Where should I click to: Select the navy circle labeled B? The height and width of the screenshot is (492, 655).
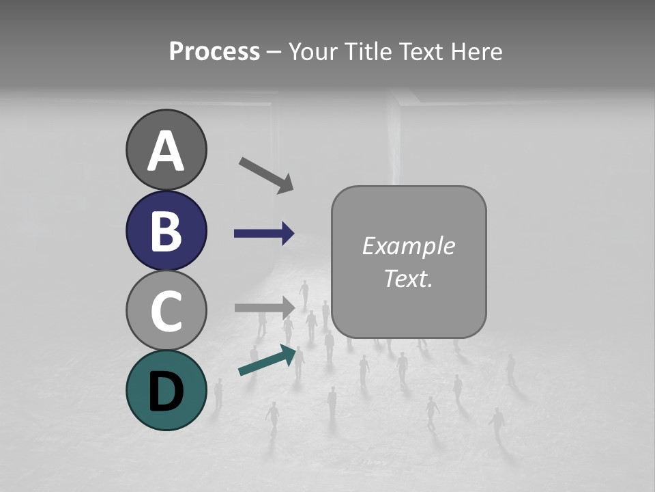[x=166, y=230]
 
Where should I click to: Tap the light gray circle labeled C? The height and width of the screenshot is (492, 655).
[x=166, y=310]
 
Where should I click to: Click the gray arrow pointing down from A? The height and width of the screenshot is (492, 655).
[x=265, y=174]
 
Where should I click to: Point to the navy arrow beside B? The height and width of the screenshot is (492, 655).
[x=263, y=234]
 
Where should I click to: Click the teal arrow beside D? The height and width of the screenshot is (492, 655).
[x=268, y=361]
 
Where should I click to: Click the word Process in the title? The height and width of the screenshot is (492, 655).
[x=214, y=52]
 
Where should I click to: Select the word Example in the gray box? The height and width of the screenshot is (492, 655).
[x=408, y=246]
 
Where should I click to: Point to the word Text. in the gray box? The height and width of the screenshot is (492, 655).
[x=408, y=279]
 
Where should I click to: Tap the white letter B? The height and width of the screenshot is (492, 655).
[x=166, y=231]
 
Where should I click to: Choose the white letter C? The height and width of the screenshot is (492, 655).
[x=166, y=311]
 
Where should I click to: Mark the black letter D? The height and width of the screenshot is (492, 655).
[x=166, y=392]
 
